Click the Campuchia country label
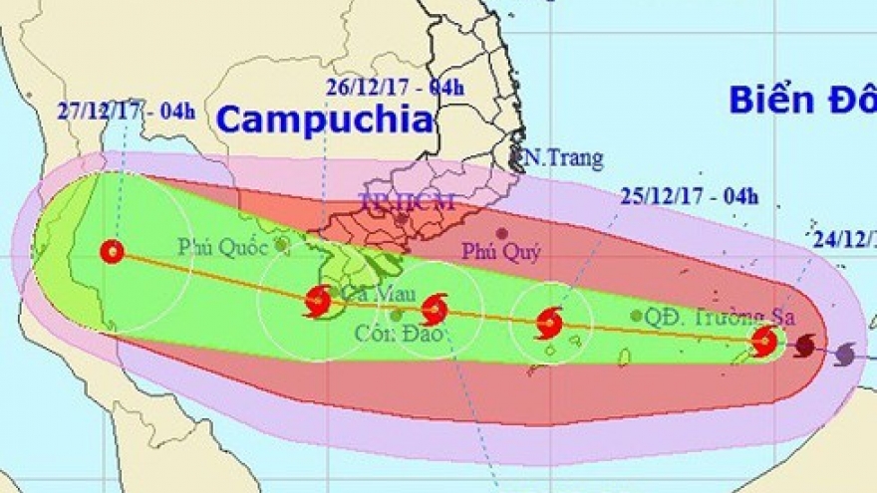click(326, 121)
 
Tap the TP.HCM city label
click(407, 202)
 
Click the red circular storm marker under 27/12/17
click(112, 252)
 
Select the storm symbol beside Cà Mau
click(318, 300)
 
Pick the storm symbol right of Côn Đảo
click(435, 309)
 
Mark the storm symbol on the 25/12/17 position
click(549, 322)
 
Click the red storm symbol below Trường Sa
click(764, 341)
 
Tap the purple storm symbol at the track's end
click(845, 353)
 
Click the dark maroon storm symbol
click(804, 345)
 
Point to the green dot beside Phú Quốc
click(282, 243)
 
